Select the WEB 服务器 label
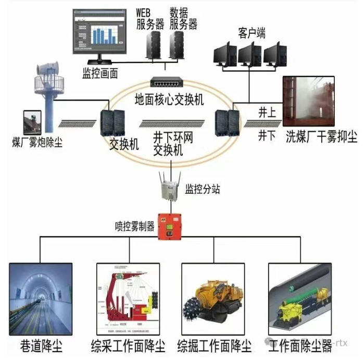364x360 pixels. pos(150,18)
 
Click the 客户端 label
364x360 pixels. pos(252,34)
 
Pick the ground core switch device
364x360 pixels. pos(166,82)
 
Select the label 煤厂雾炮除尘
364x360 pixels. pos(37,141)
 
